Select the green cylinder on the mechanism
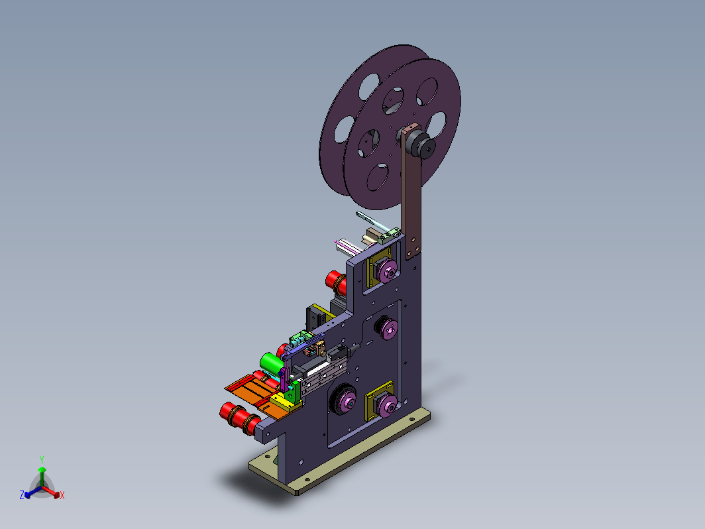(271, 363)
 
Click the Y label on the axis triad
(41, 460)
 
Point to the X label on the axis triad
(62, 495)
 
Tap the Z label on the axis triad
(22, 495)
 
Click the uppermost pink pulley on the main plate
(387, 271)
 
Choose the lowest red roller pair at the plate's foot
(240, 418)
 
